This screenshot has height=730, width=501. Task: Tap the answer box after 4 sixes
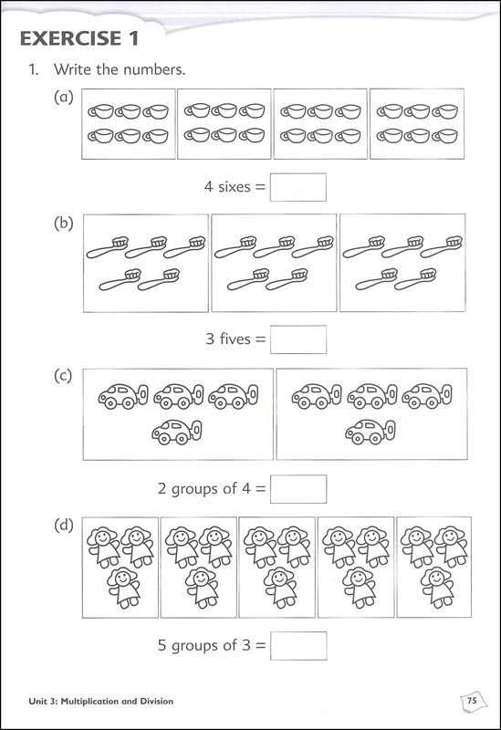point(298,187)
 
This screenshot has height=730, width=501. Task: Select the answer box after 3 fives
point(298,339)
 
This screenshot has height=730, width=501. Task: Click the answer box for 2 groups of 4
point(298,488)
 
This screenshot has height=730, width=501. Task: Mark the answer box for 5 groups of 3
point(298,645)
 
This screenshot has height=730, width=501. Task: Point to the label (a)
point(64,99)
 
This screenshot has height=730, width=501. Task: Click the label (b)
point(64,224)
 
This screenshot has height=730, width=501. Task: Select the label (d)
point(64,527)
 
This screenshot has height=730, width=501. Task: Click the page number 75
point(472,700)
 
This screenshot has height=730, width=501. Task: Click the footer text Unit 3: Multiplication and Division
point(96,701)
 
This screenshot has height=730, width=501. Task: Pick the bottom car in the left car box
point(176,431)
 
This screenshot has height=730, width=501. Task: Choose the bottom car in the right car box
point(370,431)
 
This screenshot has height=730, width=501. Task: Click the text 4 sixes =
point(235,187)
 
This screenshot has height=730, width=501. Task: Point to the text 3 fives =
point(235,339)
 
